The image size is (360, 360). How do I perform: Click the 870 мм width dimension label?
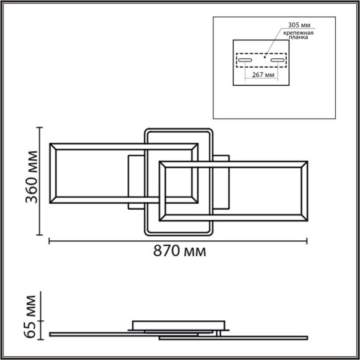tap(179, 252)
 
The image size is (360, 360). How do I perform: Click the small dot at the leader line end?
tap(264, 56)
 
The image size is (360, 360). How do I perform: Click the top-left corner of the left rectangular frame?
tap(50, 143)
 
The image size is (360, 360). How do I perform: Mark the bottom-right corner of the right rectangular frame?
tap(307, 220)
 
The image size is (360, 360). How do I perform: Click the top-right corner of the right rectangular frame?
tap(307, 160)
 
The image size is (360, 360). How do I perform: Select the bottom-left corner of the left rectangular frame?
tap(50, 204)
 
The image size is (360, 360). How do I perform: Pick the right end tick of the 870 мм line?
tap(308, 240)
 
